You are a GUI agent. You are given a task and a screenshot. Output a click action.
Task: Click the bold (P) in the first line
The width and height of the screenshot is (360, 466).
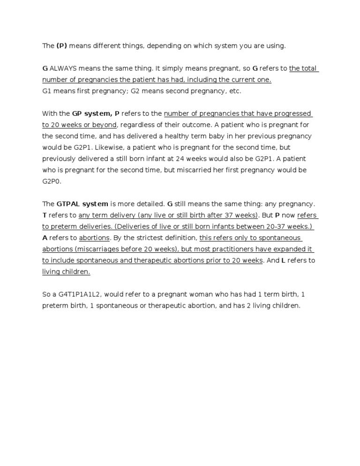click(62, 46)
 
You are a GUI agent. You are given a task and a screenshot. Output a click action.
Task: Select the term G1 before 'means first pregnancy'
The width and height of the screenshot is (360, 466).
click(47, 91)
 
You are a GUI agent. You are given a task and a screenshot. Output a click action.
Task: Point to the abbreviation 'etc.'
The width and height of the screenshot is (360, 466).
click(235, 91)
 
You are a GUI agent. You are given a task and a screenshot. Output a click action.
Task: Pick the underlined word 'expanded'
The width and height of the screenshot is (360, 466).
click(294, 249)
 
